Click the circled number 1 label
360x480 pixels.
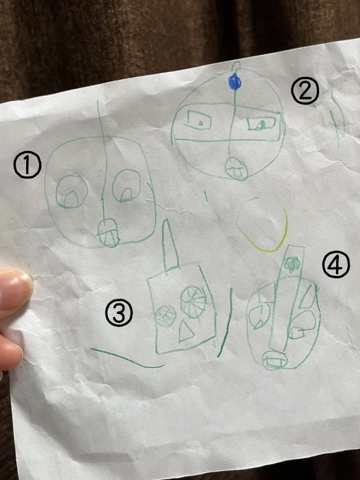[x=28, y=165]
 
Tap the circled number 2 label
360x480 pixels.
[x=305, y=90]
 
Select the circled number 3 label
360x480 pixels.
[x=119, y=313]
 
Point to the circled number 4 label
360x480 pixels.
[x=336, y=264]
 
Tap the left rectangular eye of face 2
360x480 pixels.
[x=199, y=120]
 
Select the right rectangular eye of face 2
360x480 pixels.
[x=261, y=124]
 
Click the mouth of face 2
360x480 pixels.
[x=236, y=169]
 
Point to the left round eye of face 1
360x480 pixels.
[x=72, y=192]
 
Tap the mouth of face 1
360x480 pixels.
[x=108, y=232]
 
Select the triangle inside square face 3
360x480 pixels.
[x=186, y=331]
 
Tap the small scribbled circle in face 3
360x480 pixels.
[x=166, y=316]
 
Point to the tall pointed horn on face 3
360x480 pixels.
[x=170, y=245]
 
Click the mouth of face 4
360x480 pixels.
[x=274, y=359]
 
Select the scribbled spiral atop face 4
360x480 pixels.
[x=291, y=263]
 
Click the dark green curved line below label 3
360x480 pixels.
[x=126, y=357]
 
